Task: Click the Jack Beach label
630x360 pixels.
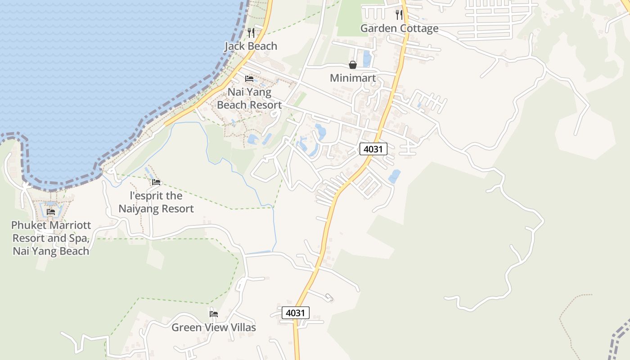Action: pyautogui.click(x=251, y=46)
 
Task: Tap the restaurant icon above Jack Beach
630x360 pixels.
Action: pyautogui.click(x=251, y=32)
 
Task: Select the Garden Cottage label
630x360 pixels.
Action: pyautogui.click(x=399, y=28)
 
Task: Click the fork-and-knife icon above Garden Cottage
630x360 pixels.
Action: pyautogui.click(x=399, y=15)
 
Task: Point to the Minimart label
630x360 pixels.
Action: pyautogui.click(x=352, y=78)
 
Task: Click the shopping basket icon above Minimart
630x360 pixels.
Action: pyautogui.click(x=353, y=65)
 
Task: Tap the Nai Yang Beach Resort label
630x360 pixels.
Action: pyautogui.click(x=249, y=99)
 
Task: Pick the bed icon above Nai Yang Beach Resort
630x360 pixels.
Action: pyautogui.click(x=249, y=79)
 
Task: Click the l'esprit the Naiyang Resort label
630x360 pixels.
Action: pyautogui.click(x=156, y=202)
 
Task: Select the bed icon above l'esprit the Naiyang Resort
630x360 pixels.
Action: pyautogui.click(x=156, y=182)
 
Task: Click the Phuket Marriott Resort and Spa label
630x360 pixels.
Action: pyautogui.click(x=51, y=238)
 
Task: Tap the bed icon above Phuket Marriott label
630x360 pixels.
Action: pyautogui.click(x=51, y=212)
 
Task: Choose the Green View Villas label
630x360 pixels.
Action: pyautogui.click(x=214, y=327)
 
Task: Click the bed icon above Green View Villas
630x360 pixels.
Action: pyautogui.click(x=214, y=314)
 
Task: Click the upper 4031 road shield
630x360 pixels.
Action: pyautogui.click(x=373, y=149)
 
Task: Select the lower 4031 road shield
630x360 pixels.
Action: pyautogui.click(x=296, y=313)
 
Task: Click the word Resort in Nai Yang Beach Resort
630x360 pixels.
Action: pyautogui.click(x=266, y=105)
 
